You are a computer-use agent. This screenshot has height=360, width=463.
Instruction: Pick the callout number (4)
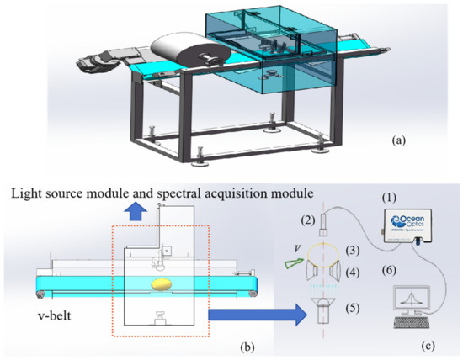pos(360,272)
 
